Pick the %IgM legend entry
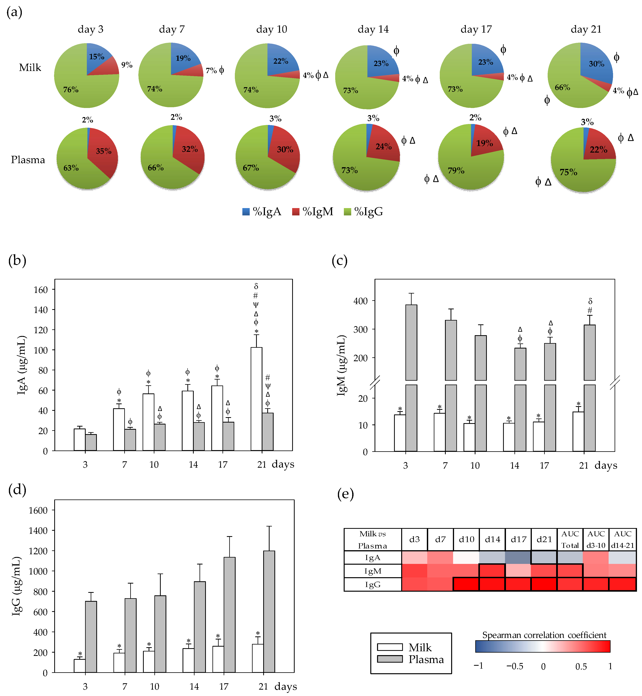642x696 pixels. tap(313, 211)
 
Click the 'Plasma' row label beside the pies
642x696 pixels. tap(28, 160)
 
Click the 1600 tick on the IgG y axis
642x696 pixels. tap(38, 510)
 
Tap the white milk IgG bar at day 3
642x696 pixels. tap(80, 666)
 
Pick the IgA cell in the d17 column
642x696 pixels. tap(518, 558)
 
